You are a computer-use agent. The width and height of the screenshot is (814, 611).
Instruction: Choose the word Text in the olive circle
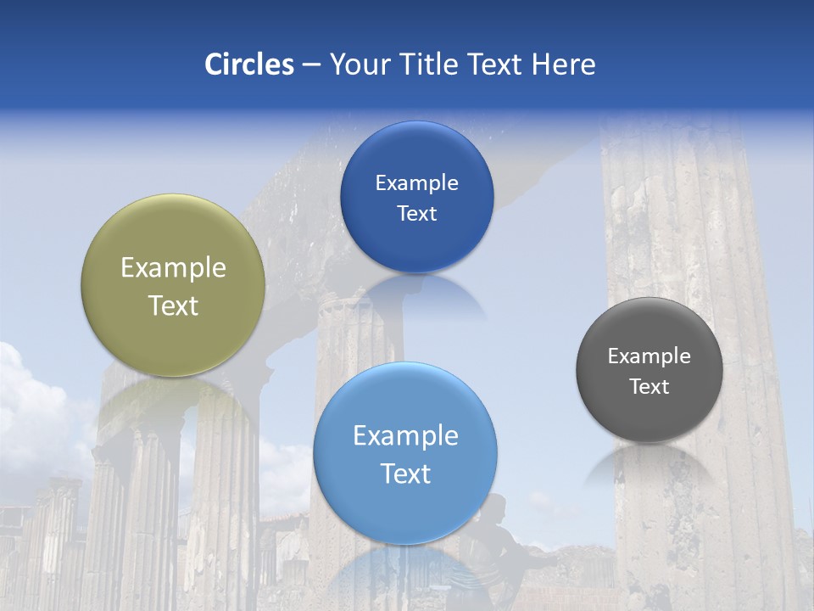[173, 305]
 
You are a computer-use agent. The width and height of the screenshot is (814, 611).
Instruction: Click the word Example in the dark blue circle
[416, 182]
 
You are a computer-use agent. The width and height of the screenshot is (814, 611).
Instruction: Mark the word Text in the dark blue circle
[416, 213]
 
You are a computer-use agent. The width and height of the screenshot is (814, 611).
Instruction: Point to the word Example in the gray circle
[649, 356]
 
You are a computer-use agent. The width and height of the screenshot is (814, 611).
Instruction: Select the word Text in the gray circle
[649, 386]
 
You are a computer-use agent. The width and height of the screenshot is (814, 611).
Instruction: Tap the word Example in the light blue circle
[405, 435]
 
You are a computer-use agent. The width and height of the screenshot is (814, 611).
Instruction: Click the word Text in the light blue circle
[405, 474]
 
